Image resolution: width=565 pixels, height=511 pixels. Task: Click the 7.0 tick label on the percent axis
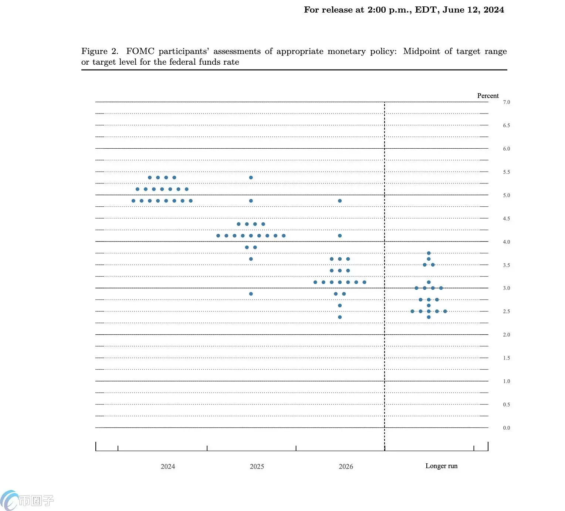[x=506, y=102]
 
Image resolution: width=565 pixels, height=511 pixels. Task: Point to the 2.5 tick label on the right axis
[x=506, y=311]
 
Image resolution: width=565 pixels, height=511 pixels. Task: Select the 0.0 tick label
[x=506, y=428]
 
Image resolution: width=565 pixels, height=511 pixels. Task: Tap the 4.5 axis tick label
[x=506, y=219]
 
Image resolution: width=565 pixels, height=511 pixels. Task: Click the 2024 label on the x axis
[x=168, y=466]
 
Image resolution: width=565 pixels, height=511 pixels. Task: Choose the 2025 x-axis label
[x=257, y=466]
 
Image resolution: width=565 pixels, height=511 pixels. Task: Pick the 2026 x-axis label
[x=346, y=466]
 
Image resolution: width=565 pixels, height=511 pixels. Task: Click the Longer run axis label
[x=441, y=466]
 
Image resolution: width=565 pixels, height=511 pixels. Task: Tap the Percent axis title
[x=488, y=96]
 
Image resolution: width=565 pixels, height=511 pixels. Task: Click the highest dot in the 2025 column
[x=251, y=177]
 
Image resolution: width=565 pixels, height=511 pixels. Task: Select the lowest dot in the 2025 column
[x=251, y=294]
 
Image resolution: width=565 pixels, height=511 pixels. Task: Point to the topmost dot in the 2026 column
[x=340, y=201]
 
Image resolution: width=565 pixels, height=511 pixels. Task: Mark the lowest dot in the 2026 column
[x=340, y=317]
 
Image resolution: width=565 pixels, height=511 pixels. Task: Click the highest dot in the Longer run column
[x=429, y=253]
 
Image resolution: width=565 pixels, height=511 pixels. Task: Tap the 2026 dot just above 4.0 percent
[x=340, y=236]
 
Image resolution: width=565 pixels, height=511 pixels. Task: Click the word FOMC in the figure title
[x=140, y=51]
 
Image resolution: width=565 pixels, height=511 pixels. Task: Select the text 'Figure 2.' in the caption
[x=100, y=51]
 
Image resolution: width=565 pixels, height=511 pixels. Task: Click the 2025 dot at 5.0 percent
[x=251, y=201]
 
